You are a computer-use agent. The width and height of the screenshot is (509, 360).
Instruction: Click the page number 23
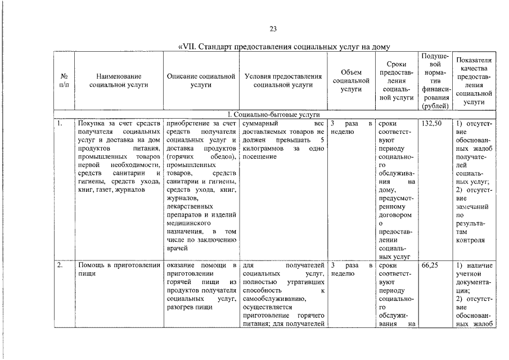pyautogui.click(x=273, y=29)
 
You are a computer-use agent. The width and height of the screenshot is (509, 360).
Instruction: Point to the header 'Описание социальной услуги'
pyautogui.click(x=201, y=80)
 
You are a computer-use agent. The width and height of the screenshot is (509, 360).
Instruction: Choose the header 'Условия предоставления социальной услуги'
pyautogui.click(x=283, y=80)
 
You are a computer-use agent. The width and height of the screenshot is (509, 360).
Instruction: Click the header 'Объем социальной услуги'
pyautogui.click(x=351, y=80)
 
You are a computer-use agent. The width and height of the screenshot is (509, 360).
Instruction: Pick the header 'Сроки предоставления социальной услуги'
pyautogui.click(x=397, y=82)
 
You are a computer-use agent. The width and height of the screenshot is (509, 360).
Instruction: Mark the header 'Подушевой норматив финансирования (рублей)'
pyautogui.click(x=434, y=80)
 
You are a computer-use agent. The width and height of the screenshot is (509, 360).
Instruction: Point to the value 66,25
pyautogui.click(x=429, y=265)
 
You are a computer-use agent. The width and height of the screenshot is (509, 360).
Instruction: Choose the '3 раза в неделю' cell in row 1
pyautogui.click(x=351, y=128)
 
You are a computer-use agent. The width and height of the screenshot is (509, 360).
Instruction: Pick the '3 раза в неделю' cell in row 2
pyautogui.click(x=351, y=269)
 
